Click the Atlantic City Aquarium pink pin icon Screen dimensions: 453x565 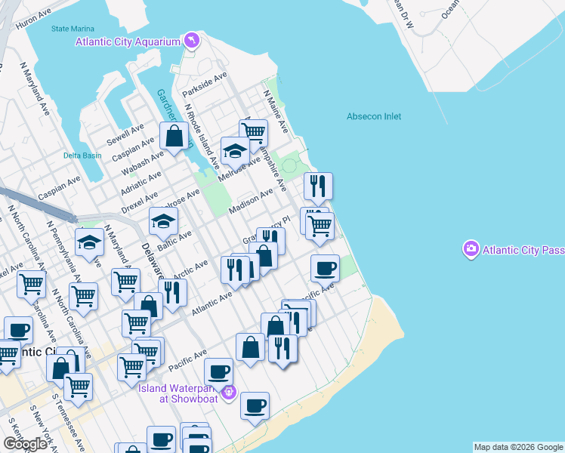click(191, 40)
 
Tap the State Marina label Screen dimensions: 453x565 click(70, 29)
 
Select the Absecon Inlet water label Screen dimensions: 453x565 click(374, 116)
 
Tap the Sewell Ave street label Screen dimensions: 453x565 click(125, 136)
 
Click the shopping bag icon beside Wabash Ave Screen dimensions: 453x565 click(174, 137)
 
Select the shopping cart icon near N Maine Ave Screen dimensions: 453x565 click(255, 133)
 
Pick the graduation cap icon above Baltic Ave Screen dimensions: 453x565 click(162, 220)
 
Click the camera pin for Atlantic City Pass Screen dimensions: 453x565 click(472, 248)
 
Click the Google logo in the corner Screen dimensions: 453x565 click(25, 444)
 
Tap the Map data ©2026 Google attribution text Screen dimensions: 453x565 click(518, 447)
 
